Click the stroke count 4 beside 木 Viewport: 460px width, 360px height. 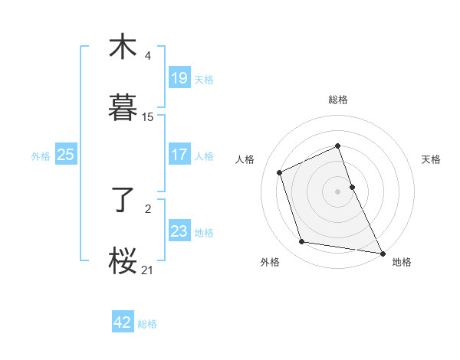tap(148, 55)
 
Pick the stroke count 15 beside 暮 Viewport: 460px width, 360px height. tap(148, 116)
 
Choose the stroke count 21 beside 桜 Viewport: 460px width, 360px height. tap(148, 270)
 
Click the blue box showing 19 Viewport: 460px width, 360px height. tap(179, 78)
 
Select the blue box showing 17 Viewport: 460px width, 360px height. tap(179, 155)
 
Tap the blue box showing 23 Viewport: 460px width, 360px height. tap(179, 231)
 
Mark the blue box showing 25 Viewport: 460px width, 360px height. tap(66, 155)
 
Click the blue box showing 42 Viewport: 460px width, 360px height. tap(123, 322)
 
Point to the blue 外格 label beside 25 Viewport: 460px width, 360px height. tap(41, 155)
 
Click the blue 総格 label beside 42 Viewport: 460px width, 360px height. tap(147, 324)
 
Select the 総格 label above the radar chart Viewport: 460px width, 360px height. tap(338, 100)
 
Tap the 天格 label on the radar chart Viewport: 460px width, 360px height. tap(431, 159)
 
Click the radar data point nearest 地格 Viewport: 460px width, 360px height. tap(382, 253)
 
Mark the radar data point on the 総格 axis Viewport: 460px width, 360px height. tap(338, 146)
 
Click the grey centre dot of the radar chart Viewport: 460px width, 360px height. tap(338, 191)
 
